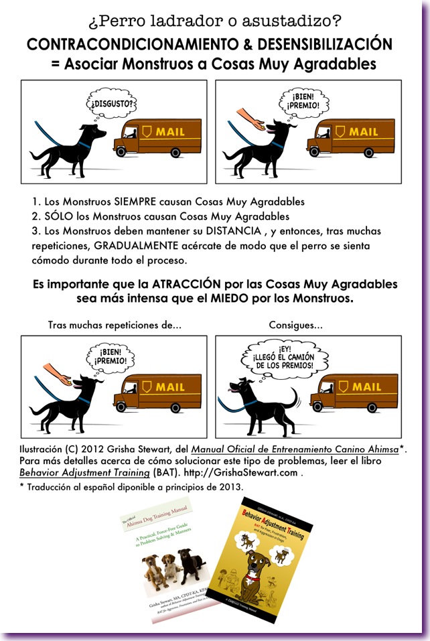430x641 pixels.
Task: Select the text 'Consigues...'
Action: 295,325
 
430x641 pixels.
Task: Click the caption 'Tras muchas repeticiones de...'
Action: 115,325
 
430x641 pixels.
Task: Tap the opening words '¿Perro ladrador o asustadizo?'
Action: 214,22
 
